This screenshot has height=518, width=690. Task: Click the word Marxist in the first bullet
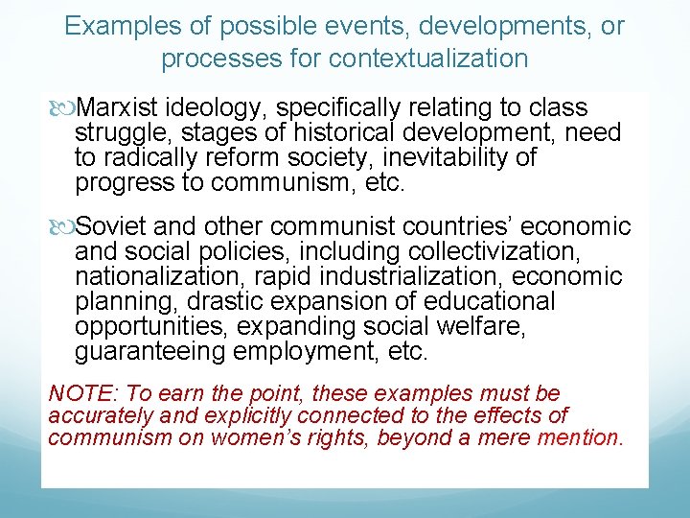[118, 107]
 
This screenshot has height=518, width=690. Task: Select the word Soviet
[112, 226]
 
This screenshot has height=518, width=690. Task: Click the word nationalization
[162, 277]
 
